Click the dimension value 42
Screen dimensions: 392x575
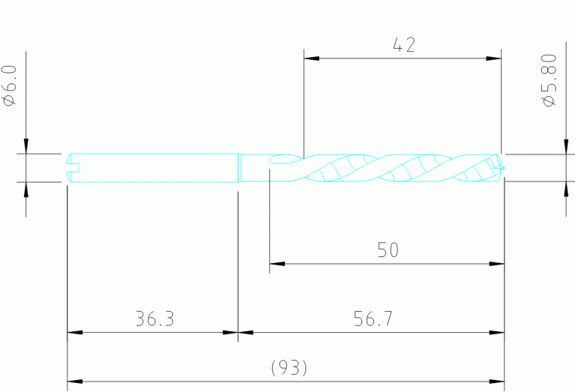coord(403,45)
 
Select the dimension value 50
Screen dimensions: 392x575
coord(388,250)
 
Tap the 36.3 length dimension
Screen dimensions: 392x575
coord(154,319)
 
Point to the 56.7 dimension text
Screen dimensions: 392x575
coord(373,319)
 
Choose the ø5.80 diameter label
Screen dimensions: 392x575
coord(550,81)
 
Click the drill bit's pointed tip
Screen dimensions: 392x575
coord(502,167)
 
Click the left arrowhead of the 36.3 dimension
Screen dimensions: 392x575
coord(75,333)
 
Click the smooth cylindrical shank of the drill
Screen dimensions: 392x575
coord(157,167)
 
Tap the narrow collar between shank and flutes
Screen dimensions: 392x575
coord(240,167)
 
